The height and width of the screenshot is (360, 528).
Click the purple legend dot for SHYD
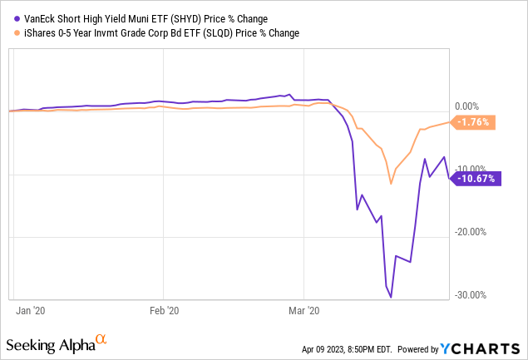tap(8, 18)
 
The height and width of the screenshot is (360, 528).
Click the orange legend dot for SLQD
tap(8, 33)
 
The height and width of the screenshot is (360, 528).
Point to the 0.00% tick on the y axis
tap(470, 107)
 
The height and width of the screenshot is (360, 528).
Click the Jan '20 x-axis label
tap(32, 310)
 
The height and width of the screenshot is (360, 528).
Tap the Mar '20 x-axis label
tap(303, 310)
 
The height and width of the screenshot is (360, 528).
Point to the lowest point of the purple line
tap(391, 297)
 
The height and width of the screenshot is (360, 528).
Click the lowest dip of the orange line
tap(391, 185)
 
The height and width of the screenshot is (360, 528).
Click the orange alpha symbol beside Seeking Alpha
tap(101, 339)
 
